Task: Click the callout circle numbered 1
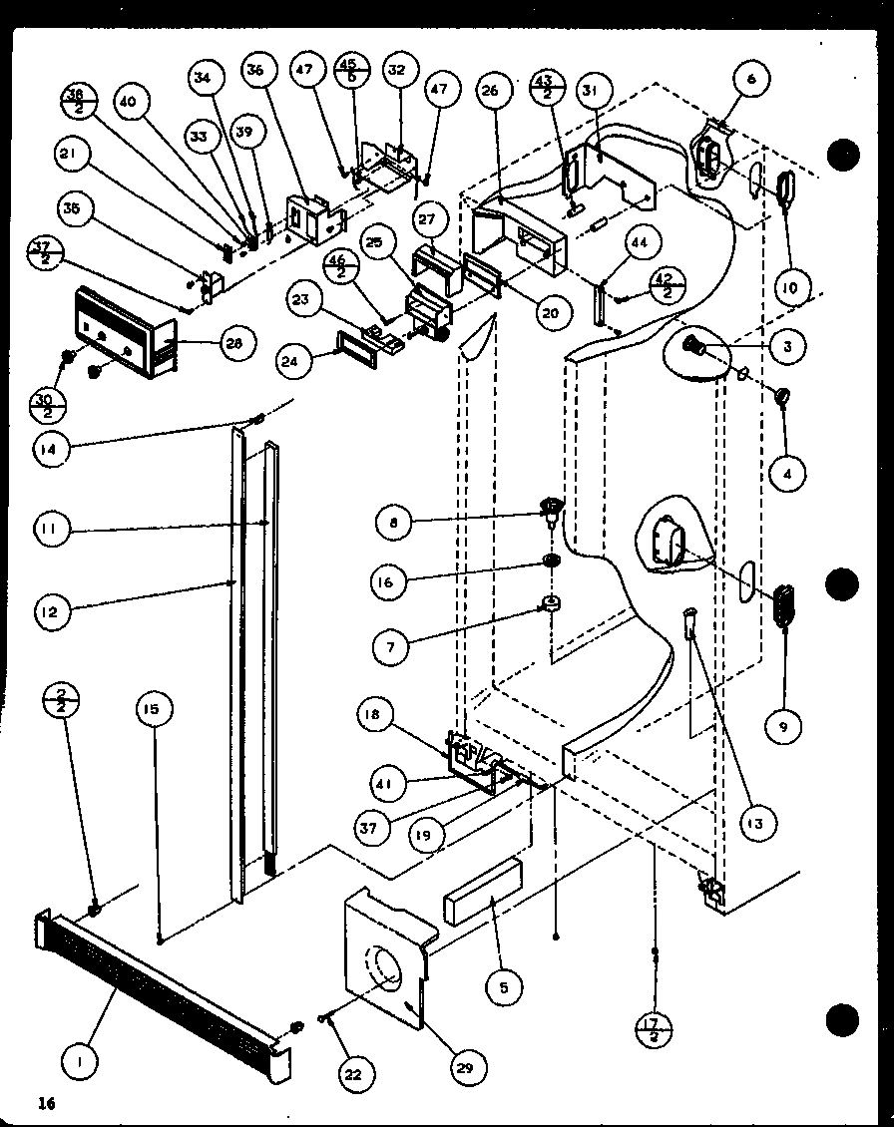(x=81, y=1064)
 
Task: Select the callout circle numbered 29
(x=466, y=1067)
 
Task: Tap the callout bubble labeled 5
(x=504, y=987)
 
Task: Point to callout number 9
(x=782, y=728)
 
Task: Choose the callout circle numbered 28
(x=233, y=344)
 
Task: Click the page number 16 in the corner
(x=45, y=1102)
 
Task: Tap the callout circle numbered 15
(x=155, y=710)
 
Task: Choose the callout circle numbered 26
(x=490, y=92)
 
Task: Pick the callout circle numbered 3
(x=787, y=346)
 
